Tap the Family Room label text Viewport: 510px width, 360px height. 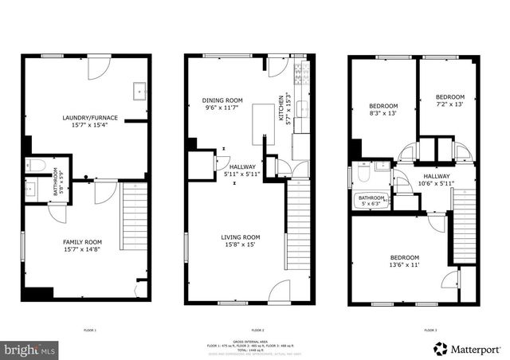84,245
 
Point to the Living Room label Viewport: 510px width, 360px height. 241,241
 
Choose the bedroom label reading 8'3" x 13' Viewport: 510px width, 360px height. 382,110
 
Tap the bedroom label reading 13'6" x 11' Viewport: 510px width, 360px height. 406,262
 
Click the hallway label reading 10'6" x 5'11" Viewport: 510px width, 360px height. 436,180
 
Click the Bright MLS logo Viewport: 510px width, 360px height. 30,349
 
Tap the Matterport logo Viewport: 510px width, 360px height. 468,349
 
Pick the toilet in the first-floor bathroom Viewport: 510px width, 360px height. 36,166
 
